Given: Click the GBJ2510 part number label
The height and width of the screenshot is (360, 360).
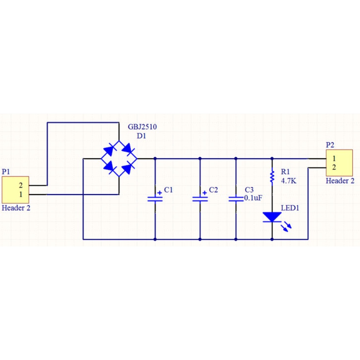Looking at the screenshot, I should pos(142,127).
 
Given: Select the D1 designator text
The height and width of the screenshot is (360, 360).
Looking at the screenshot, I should pos(142,136).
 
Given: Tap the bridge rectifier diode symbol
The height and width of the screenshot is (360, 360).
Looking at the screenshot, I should pos(119,159).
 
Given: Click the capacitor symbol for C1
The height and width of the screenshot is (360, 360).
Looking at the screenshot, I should pos(155,199).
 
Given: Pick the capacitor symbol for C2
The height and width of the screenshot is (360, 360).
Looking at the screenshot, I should pos(200,199).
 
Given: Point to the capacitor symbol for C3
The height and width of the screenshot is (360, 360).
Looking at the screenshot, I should pos(236,199).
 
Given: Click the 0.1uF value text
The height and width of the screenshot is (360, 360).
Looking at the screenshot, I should pos(253,198).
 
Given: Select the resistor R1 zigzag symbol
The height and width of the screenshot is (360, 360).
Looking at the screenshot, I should pos(272,177).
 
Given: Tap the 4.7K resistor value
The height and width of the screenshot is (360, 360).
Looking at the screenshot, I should pos(289,181).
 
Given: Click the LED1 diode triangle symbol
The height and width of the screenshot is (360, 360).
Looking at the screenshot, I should pos(272,217).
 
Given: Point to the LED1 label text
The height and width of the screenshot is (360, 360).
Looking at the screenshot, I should pos(290,208).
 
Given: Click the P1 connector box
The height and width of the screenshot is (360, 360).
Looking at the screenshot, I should pos(16,190).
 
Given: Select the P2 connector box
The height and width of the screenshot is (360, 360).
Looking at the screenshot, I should pos(339,163).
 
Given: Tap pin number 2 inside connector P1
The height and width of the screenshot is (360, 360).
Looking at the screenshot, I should pos(21,185).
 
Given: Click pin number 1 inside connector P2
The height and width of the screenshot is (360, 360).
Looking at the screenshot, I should pos(334,159).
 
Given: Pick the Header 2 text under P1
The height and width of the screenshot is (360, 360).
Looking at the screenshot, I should pos(16,208).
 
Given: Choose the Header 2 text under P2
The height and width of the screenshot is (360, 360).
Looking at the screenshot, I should pos(340,181).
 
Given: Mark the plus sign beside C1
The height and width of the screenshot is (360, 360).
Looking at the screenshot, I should pos(159,193).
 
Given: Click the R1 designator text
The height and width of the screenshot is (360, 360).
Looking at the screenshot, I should pos(285,172).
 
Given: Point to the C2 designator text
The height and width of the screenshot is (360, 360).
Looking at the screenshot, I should pos(214,190).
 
